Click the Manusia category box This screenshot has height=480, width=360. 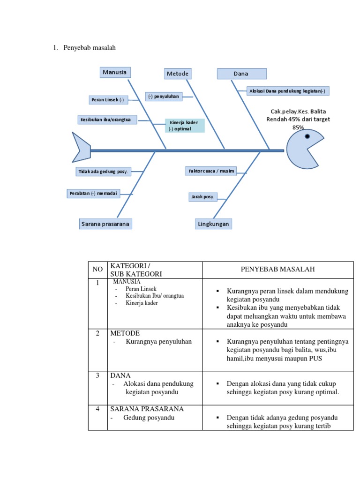(x=115, y=72)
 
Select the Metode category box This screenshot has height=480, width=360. (x=178, y=74)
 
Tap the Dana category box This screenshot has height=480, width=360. (x=241, y=74)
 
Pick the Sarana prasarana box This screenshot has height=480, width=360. (x=105, y=224)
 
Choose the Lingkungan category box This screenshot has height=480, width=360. (x=213, y=224)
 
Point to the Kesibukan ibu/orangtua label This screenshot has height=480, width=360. (x=107, y=120)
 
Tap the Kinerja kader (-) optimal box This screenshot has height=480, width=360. (x=184, y=126)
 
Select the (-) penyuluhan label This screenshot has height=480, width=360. (x=163, y=96)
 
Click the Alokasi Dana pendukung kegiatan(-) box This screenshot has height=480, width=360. (x=287, y=91)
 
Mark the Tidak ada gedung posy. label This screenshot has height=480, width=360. (x=103, y=172)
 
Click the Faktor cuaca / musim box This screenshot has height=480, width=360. (x=210, y=171)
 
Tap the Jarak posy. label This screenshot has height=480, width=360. (x=202, y=197)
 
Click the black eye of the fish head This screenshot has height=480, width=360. (x=307, y=137)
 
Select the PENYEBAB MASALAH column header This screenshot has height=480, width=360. (x=277, y=269)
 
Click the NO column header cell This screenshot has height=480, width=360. (x=97, y=269)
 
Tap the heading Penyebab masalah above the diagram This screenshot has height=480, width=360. (x=90, y=48)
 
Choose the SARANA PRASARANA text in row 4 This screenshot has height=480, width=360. (x=147, y=409)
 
